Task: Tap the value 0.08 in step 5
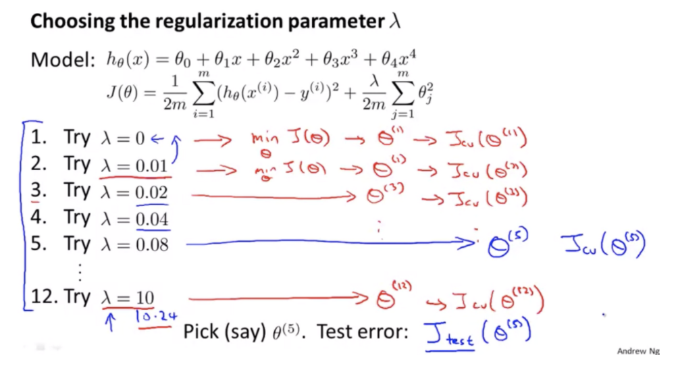pyautogui.click(x=151, y=244)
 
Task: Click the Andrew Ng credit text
pyautogui.click(x=637, y=351)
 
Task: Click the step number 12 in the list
pyautogui.click(x=44, y=298)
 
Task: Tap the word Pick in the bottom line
pyautogui.click(x=200, y=332)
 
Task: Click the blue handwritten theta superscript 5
pyautogui.click(x=504, y=246)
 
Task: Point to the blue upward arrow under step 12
pyautogui.click(x=107, y=322)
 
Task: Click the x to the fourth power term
pyautogui.click(x=407, y=59)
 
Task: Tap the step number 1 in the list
pyautogui.click(x=38, y=138)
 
